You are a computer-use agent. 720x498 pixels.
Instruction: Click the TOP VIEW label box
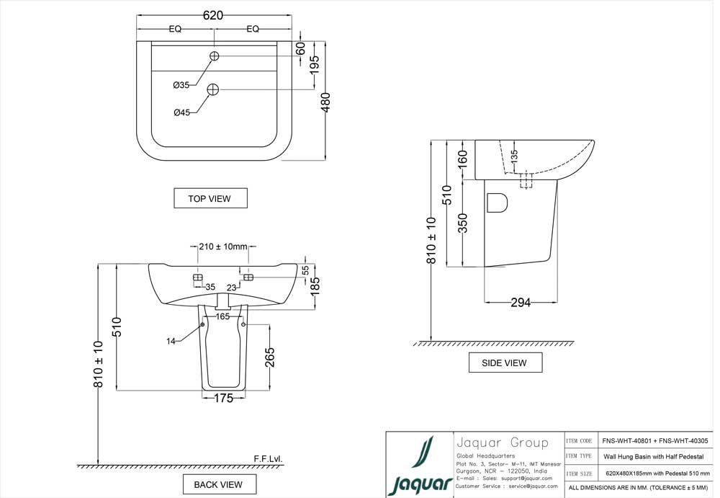(x=210, y=198)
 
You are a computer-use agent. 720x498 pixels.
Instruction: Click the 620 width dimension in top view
(x=213, y=15)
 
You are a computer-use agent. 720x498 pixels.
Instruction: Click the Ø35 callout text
(x=181, y=85)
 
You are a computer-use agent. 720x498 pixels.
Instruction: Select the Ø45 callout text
(x=181, y=112)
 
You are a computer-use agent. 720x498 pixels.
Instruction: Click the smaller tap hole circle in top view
(x=215, y=56)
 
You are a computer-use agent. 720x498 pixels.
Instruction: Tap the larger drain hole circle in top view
(x=212, y=89)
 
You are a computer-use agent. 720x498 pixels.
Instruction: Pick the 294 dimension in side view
(x=520, y=303)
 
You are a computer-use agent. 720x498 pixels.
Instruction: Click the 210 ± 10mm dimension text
(x=222, y=247)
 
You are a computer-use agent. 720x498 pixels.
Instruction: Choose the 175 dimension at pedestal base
(x=224, y=399)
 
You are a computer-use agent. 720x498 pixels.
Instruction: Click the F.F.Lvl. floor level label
(x=268, y=458)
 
